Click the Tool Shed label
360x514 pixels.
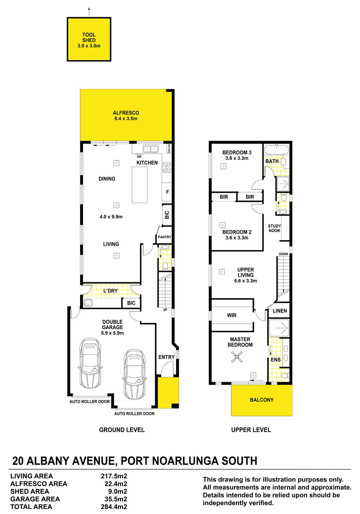(89, 37)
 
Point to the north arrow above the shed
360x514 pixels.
(89, 12)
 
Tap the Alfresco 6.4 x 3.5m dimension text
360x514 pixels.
(126, 118)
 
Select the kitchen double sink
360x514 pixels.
(150, 149)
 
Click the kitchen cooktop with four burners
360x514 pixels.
(167, 167)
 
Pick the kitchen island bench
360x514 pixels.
(140, 185)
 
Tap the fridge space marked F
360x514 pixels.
(167, 192)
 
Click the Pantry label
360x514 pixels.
(164, 237)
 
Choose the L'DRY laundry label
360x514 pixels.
(110, 291)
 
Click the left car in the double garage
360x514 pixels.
(90, 363)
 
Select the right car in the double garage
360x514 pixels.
(135, 375)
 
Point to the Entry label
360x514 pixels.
(166, 357)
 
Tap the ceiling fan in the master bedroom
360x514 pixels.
(237, 357)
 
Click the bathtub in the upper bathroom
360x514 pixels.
(276, 150)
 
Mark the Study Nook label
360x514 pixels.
(274, 228)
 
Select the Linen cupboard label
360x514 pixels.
(280, 311)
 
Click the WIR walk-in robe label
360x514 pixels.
(232, 315)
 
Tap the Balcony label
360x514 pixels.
(262, 400)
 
